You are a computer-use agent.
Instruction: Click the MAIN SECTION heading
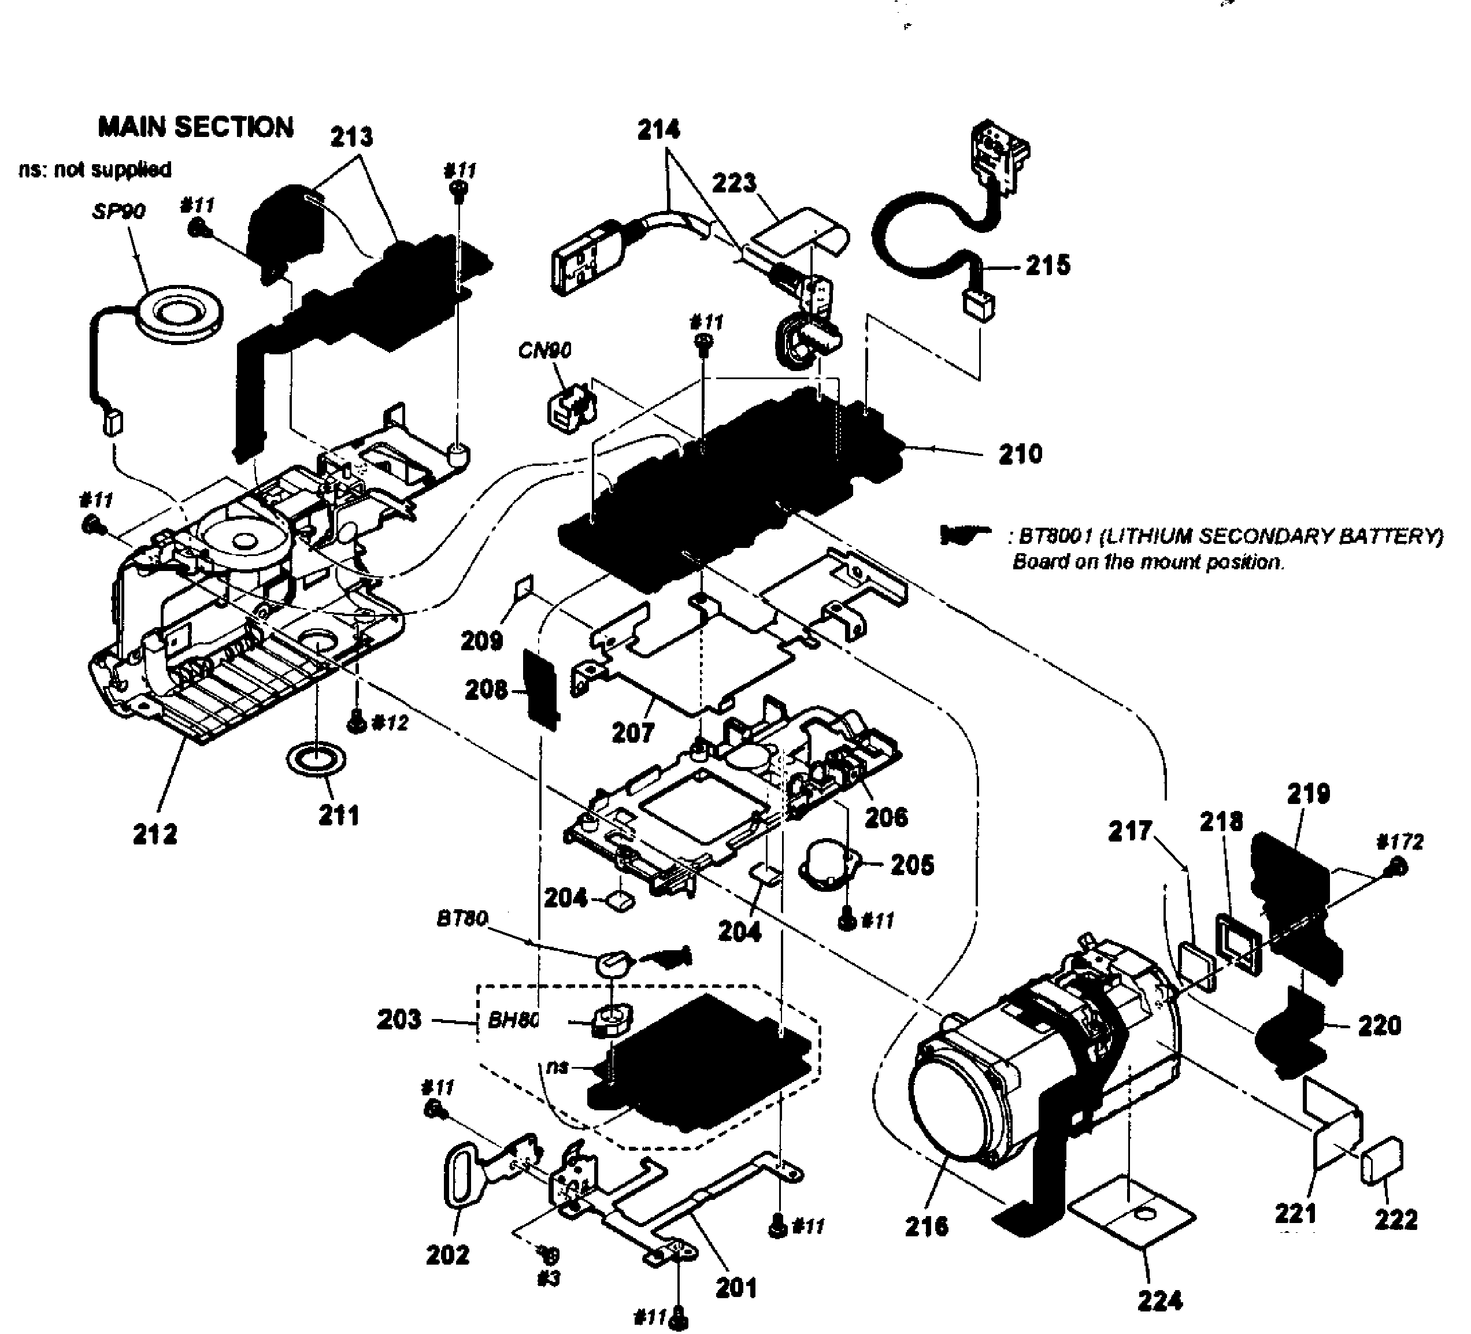click(195, 127)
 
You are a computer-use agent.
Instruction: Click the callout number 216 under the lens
click(927, 1226)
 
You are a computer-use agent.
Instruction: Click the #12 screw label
click(390, 723)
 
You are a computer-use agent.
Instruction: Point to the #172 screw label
click(1399, 842)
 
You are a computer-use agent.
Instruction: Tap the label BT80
click(462, 919)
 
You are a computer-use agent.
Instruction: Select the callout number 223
click(734, 183)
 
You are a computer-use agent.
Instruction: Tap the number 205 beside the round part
click(912, 865)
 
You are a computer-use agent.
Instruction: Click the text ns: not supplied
click(95, 169)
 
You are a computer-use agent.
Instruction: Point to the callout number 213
click(351, 136)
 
